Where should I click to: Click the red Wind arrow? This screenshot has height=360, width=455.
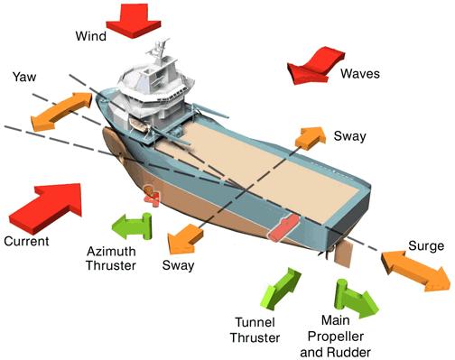134,21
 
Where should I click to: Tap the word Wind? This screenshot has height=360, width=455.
91,36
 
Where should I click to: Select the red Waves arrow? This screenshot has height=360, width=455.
314,66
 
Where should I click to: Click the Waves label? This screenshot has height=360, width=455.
360,74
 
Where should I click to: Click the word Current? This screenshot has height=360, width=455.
26,241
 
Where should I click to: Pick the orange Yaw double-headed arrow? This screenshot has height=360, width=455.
61,112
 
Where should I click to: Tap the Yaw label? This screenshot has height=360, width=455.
24,77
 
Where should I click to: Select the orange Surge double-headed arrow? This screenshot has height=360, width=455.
415,271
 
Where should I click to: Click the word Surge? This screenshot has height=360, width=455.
426,246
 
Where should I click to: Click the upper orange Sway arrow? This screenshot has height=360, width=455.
311,138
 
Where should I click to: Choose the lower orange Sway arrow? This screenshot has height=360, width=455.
184,239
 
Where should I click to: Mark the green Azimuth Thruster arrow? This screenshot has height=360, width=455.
133,226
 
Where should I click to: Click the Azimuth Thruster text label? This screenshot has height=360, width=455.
111,258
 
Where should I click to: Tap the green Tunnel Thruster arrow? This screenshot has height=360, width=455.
281,289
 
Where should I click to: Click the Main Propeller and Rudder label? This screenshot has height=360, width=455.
335,337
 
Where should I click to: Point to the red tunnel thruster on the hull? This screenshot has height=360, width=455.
283,227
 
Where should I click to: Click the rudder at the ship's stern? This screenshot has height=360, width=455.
343,254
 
